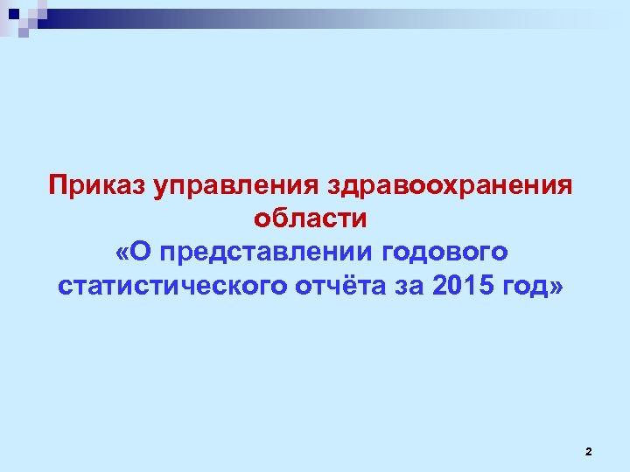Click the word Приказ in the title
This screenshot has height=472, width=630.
97,185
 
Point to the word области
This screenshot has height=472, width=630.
311,219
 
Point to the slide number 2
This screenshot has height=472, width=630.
588,451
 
